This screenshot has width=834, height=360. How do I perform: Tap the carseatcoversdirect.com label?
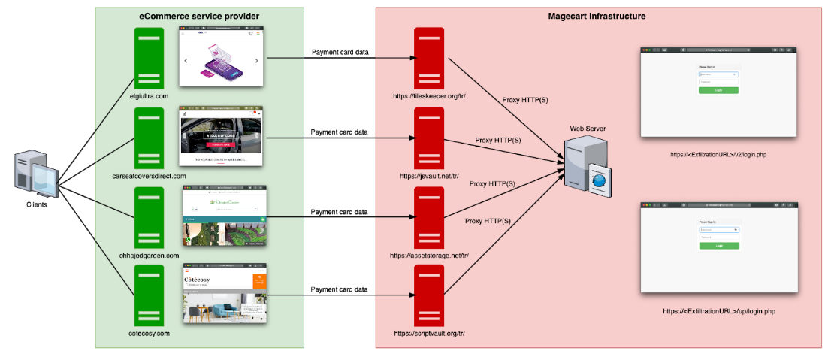click(x=149, y=176)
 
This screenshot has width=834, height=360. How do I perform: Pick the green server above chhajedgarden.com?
click(x=149, y=217)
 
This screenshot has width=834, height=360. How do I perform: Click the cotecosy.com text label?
click(x=149, y=331)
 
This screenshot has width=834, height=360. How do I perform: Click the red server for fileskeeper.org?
click(x=429, y=58)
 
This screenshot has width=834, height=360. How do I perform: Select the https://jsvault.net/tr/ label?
click(x=429, y=176)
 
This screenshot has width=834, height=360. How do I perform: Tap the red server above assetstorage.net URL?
click(x=429, y=217)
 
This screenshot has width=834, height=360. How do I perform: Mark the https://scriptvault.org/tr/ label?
click(x=429, y=331)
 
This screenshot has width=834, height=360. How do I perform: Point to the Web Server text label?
click(x=588, y=129)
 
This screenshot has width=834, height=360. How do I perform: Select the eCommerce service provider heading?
click(x=199, y=16)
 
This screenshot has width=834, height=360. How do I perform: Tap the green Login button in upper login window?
click(x=718, y=90)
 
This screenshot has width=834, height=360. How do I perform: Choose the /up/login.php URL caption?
click(x=718, y=310)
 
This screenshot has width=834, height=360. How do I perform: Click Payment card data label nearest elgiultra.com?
click(x=340, y=52)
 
